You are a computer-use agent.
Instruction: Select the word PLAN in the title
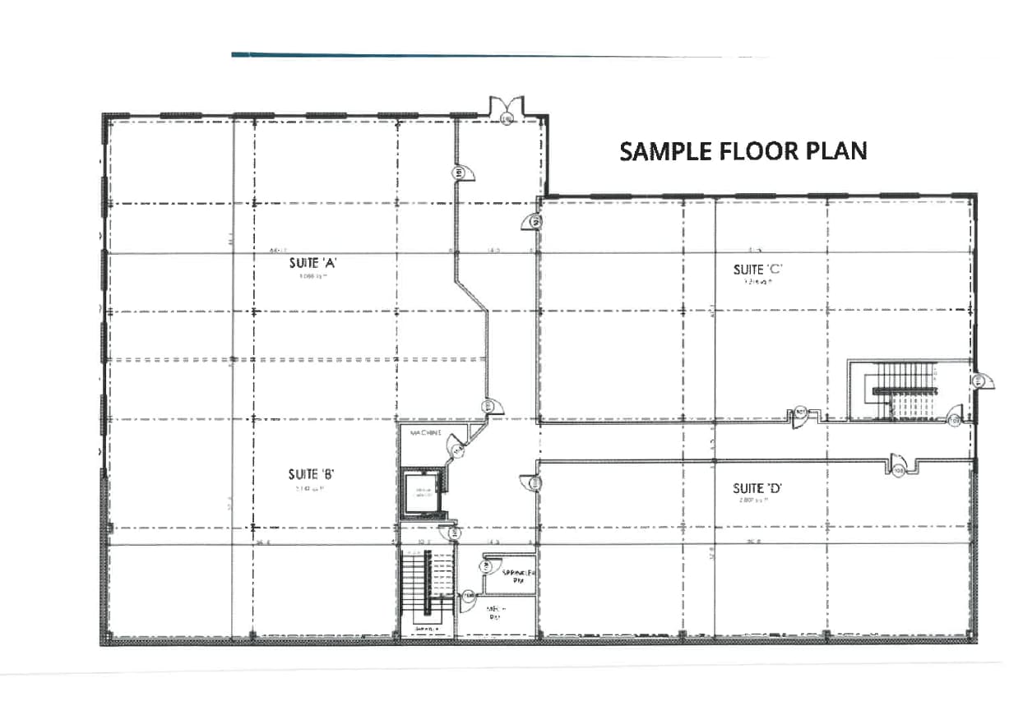(838, 151)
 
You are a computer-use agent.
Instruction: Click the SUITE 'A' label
(309, 264)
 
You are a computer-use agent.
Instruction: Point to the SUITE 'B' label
(309, 474)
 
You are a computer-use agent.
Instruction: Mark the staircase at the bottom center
(426, 588)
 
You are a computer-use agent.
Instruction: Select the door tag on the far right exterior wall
(979, 381)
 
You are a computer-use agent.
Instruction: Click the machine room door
(456, 447)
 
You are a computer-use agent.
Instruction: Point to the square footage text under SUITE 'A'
(309, 278)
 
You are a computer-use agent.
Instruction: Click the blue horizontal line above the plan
(493, 56)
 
